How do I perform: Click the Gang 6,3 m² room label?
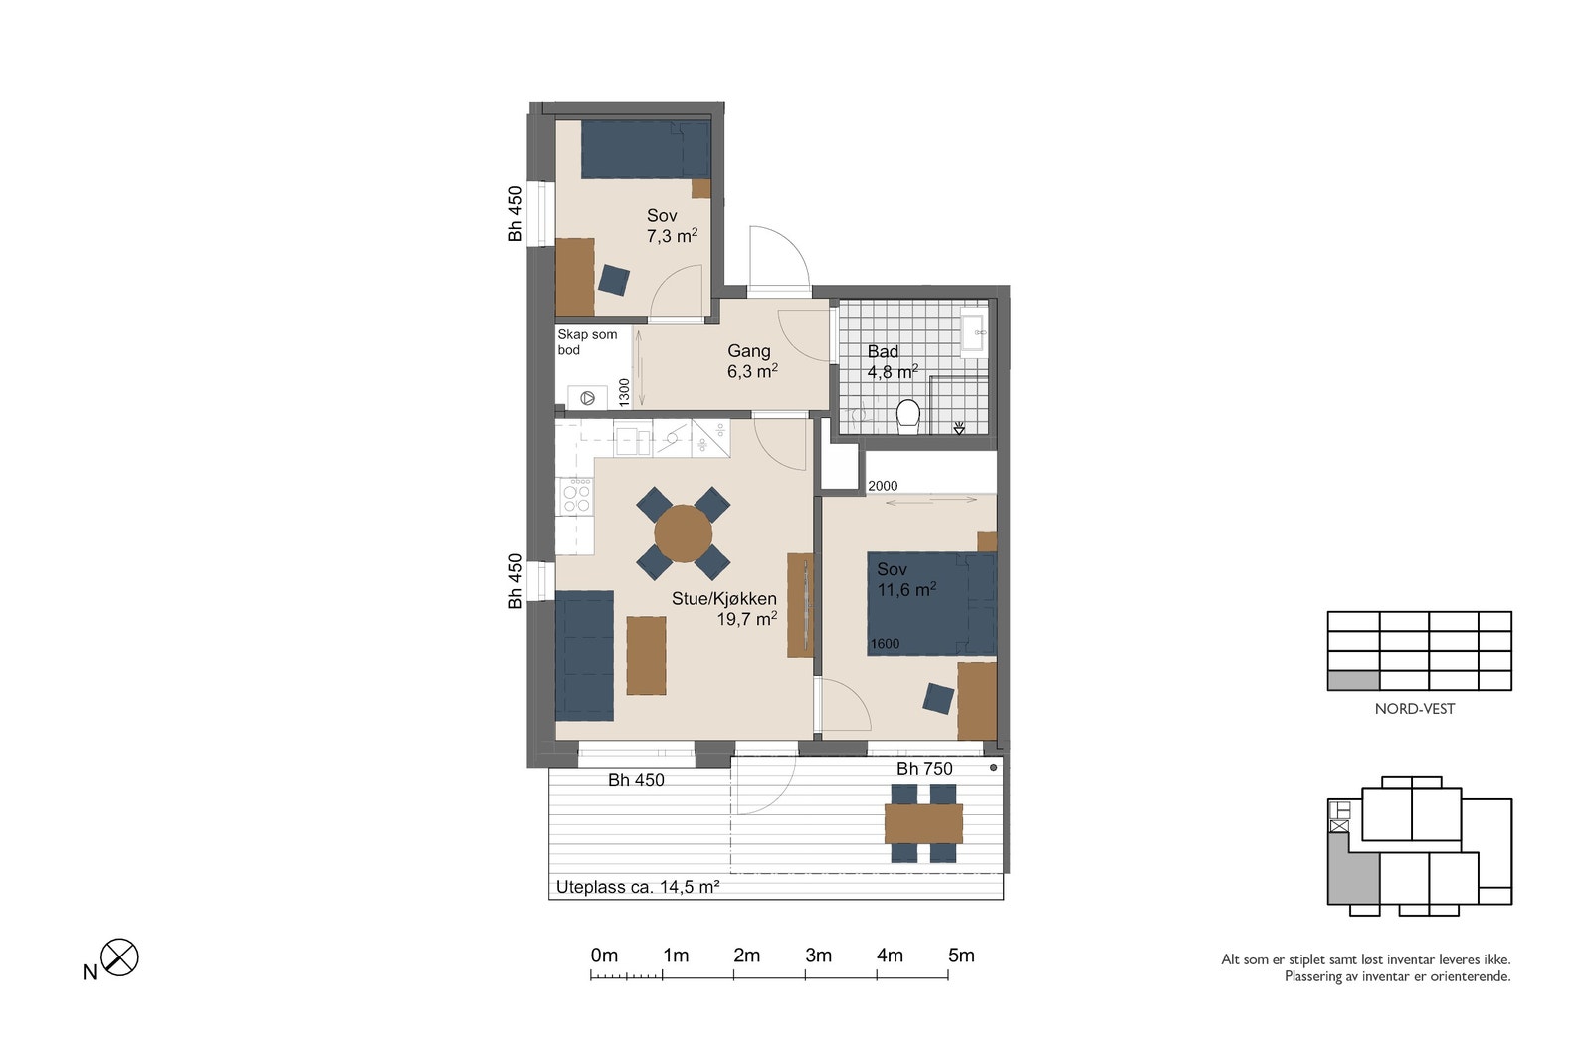752,361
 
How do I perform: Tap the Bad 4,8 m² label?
892,362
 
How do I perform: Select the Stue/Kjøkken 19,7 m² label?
724,608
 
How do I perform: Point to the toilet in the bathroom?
907,416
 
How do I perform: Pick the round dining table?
683,533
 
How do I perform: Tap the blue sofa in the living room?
584,655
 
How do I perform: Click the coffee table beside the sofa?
646,655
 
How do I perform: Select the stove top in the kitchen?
576,496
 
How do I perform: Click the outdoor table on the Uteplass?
923,823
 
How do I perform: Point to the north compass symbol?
119,956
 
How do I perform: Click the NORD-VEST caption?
1414,709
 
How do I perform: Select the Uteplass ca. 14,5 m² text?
638,887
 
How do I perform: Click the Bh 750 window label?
924,769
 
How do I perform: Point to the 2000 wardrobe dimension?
883,486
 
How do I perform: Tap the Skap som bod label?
587,342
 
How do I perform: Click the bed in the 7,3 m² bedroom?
646,149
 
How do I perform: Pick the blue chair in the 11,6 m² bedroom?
938,698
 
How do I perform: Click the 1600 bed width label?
885,644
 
